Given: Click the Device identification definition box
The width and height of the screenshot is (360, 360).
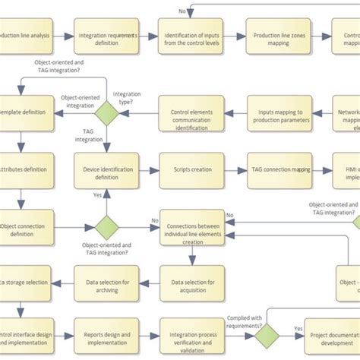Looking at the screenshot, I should pyautogui.click(x=106, y=169).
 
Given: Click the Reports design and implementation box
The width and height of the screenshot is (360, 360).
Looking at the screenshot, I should pyautogui.click(x=106, y=334).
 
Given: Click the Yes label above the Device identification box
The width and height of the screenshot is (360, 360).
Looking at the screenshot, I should pyautogui.click(x=97, y=196).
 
